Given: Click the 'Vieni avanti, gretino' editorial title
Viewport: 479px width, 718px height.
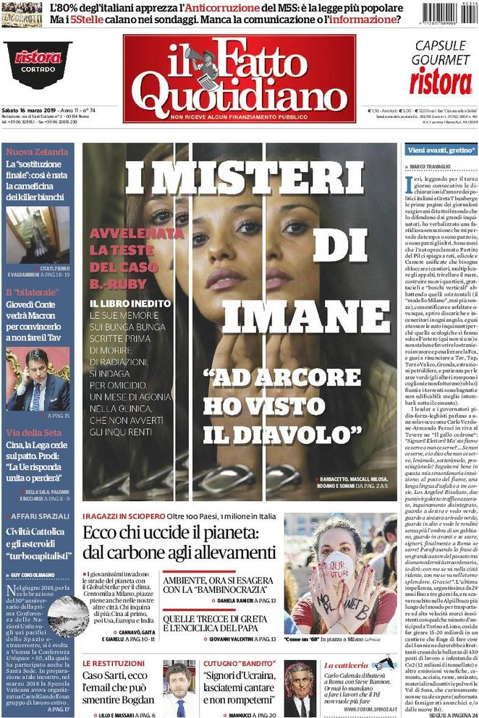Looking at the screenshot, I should coord(440,150).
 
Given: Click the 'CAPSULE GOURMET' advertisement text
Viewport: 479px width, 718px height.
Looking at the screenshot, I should coord(441,52).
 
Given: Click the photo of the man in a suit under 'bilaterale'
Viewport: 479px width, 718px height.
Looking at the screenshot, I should coord(38,380).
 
